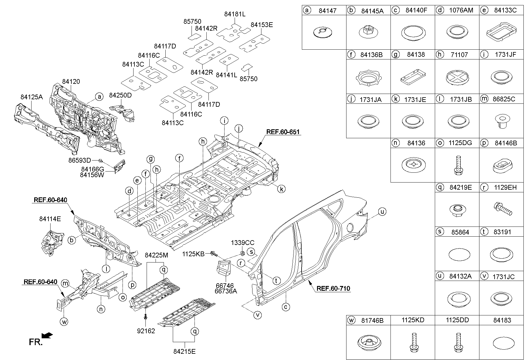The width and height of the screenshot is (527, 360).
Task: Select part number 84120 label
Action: (x=71, y=81)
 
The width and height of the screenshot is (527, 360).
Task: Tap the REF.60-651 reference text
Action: (x=283, y=132)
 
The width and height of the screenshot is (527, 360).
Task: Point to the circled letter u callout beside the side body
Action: (x=382, y=212)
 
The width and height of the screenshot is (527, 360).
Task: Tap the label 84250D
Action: (x=120, y=95)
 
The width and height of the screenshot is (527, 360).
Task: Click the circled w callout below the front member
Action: (x=64, y=321)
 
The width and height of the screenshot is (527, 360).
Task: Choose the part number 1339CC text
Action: (x=242, y=243)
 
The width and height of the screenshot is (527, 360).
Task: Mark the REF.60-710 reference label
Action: (x=333, y=288)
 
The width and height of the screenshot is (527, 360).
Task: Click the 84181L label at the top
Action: (x=235, y=14)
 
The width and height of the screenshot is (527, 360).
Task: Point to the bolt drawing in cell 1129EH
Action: (x=503, y=209)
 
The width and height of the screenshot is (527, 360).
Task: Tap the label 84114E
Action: (x=50, y=219)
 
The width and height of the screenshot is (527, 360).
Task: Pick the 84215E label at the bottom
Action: (x=184, y=351)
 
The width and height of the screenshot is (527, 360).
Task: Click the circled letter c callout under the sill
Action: (x=286, y=306)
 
